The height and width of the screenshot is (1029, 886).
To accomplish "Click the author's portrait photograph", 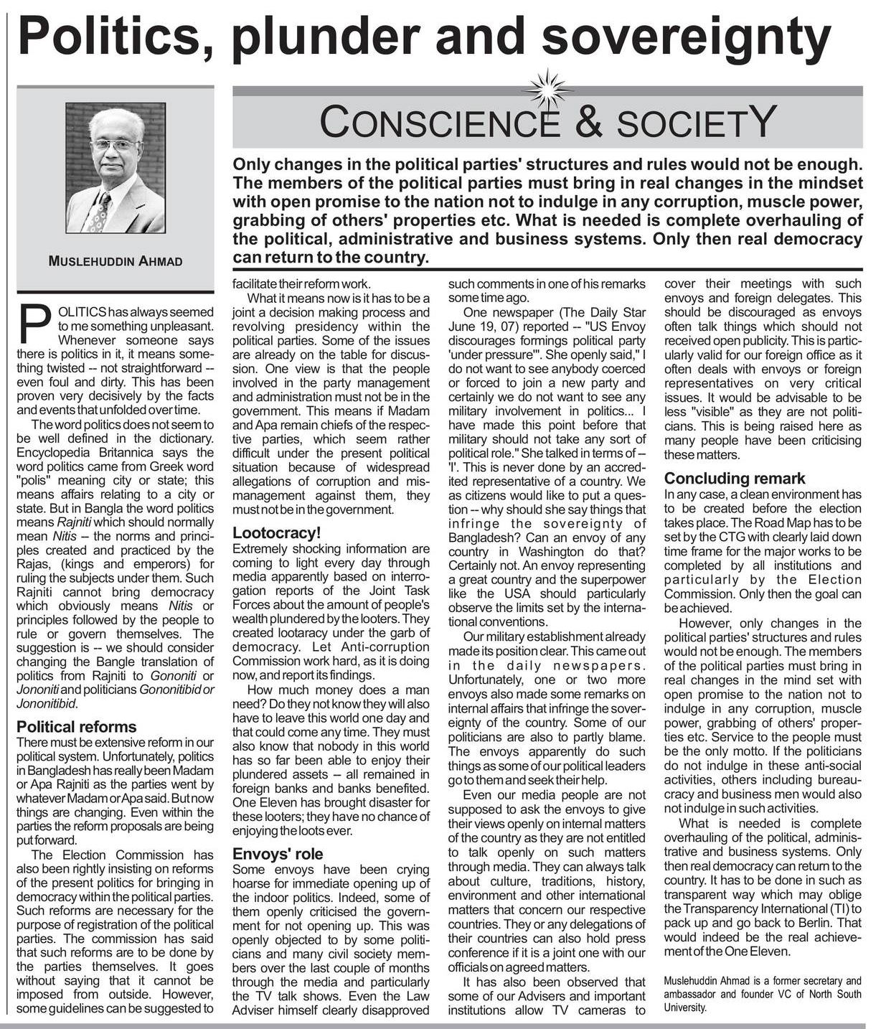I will point(115,168).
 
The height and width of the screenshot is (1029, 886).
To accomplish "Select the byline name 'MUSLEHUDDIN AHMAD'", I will point(115,262).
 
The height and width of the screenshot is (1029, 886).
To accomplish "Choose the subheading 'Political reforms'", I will point(76,726).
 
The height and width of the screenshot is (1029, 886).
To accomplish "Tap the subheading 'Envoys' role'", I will point(278,854).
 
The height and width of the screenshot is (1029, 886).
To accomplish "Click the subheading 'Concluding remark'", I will point(735,479).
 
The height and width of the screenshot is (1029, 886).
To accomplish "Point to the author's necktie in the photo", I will point(97,212).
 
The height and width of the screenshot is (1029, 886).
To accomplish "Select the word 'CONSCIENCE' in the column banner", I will point(439,122).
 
